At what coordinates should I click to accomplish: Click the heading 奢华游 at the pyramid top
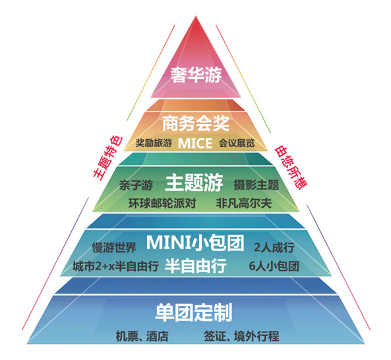tap(196, 75)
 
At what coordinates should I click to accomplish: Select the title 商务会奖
tap(196, 123)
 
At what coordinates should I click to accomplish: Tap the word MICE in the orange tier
tap(195, 143)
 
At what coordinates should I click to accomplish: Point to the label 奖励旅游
tap(154, 143)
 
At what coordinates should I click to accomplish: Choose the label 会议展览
tap(237, 143)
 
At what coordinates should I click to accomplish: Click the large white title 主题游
tap(194, 183)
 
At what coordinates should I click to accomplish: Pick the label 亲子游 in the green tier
tap(136, 185)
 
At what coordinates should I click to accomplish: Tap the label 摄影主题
tap(256, 185)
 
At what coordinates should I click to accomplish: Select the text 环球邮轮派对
tap(162, 203)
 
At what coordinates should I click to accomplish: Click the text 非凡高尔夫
tap(244, 203)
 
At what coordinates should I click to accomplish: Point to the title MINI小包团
tap(195, 243)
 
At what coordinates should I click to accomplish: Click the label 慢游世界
tap(114, 247)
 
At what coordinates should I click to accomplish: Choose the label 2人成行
tap(274, 247)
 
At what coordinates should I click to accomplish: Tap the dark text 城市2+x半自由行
tap(115, 266)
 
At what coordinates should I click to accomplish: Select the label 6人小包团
tap(274, 266)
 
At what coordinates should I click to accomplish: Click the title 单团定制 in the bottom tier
tap(194, 313)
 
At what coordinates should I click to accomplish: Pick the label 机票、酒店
tap(142, 336)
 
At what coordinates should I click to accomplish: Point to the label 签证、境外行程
tap(241, 336)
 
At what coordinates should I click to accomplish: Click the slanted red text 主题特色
tap(108, 158)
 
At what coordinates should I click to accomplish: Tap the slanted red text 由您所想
tap(291, 167)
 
